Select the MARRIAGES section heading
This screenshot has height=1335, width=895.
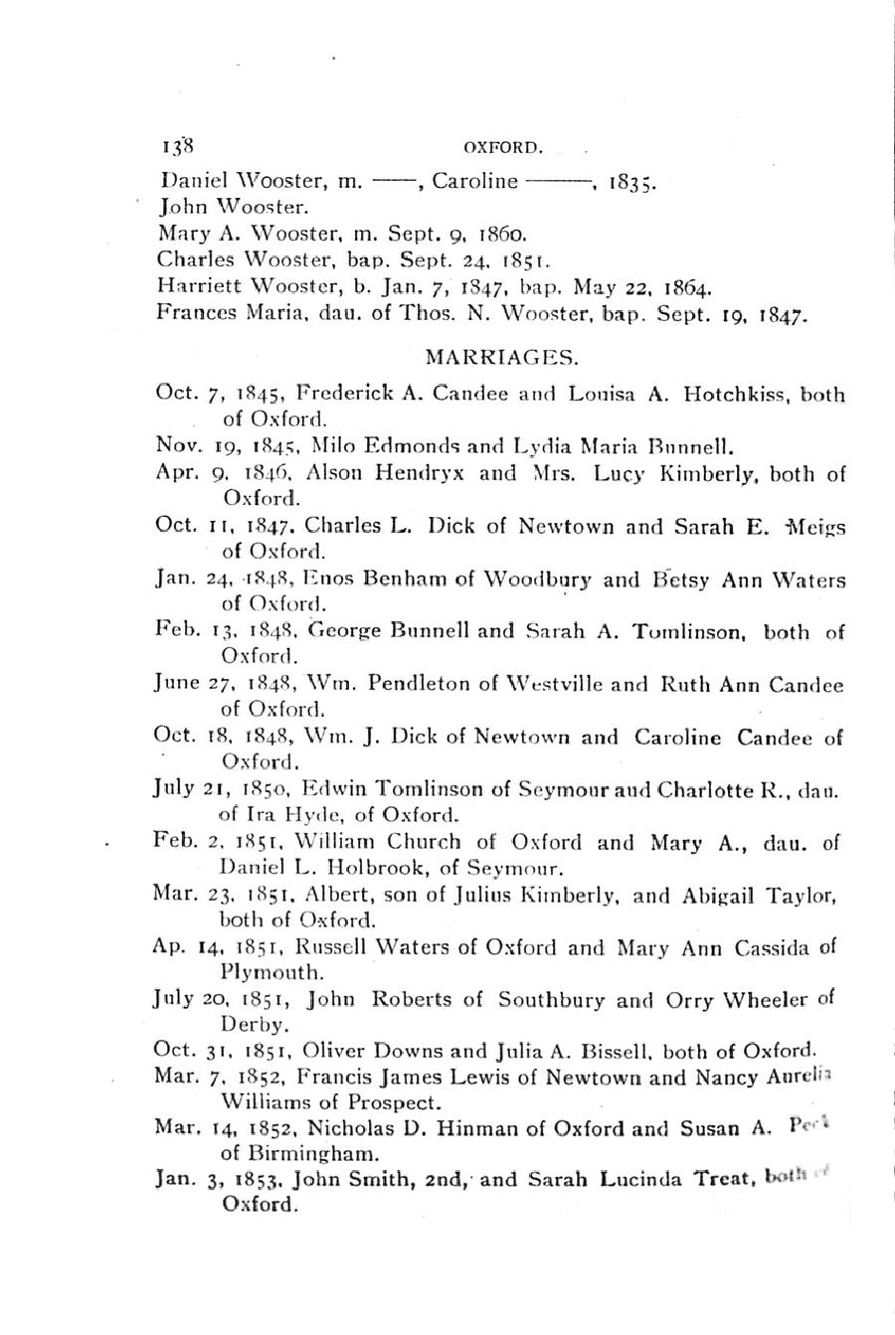(501, 355)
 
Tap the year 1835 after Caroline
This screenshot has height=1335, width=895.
(629, 182)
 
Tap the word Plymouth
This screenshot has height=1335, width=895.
(271, 971)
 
